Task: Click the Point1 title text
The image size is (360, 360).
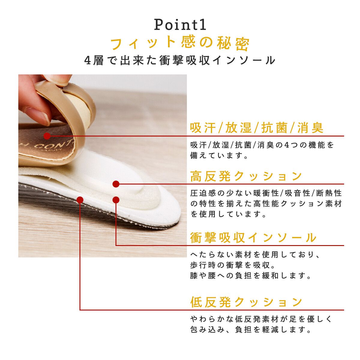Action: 180,25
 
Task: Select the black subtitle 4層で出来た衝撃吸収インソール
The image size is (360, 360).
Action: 180,60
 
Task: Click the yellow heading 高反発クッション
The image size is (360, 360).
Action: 246,176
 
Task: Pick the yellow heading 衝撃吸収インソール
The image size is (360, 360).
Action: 253,238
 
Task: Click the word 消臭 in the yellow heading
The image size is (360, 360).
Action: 310,128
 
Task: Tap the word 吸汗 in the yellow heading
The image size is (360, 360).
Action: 203,128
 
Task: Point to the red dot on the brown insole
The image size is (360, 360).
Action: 47,136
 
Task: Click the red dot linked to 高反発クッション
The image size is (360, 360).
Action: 116,184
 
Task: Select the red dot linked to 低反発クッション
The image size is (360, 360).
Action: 80,200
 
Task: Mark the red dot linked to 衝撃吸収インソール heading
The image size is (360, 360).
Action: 116,200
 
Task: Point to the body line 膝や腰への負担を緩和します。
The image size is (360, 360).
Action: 250,275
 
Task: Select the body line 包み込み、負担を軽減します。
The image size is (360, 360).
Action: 250,329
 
